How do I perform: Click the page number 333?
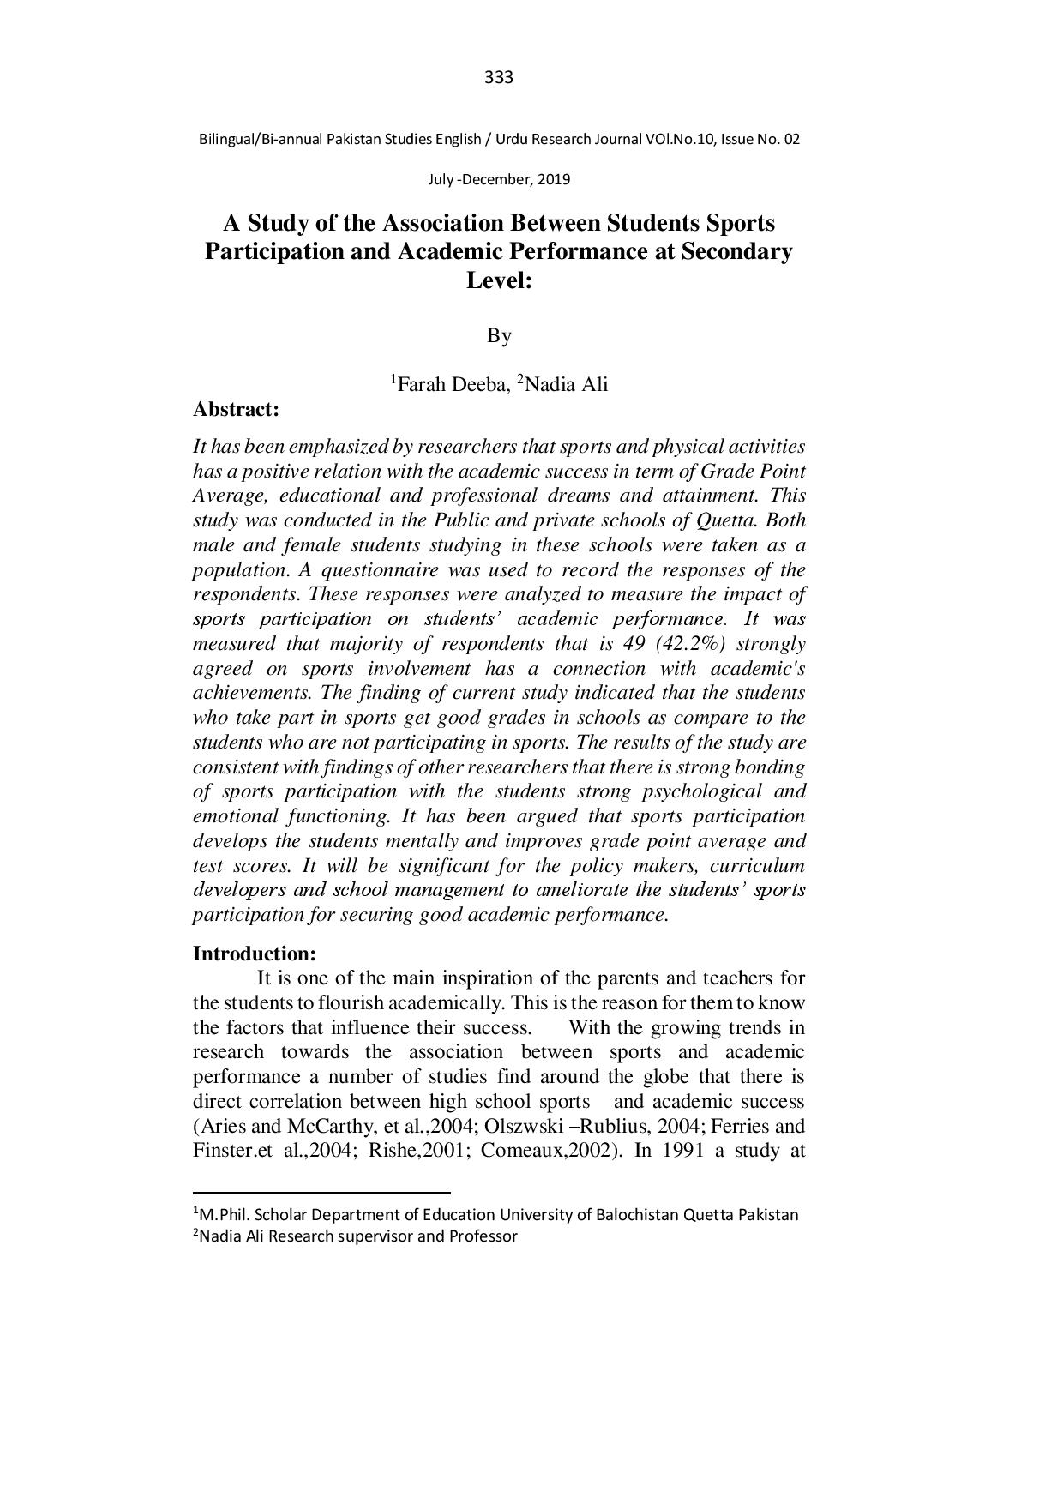499,78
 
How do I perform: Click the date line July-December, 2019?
499,180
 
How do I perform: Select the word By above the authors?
499,335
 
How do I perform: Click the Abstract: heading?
236,410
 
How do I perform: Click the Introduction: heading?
255,954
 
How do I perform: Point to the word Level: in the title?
499,280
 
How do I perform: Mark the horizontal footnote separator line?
321,1192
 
